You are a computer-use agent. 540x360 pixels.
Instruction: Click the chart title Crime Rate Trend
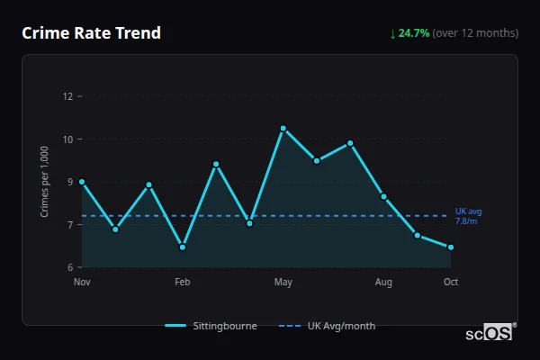click(x=91, y=33)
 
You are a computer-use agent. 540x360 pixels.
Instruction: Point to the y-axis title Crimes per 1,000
click(x=45, y=183)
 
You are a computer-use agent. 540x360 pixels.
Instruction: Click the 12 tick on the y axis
click(x=67, y=96)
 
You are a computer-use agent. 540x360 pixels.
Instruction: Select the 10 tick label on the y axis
click(x=67, y=139)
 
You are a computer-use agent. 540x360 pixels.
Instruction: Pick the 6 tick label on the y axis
click(x=69, y=267)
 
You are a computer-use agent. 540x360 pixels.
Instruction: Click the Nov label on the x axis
click(x=82, y=283)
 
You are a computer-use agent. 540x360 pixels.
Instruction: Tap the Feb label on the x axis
click(x=182, y=283)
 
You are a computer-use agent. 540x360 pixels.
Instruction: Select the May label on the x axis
click(x=283, y=283)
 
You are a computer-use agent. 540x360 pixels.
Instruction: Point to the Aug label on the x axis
click(x=383, y=283)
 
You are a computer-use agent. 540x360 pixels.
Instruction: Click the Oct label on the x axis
click(x=451, y=283)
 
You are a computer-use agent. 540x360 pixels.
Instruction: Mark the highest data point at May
click(x=283, y=129)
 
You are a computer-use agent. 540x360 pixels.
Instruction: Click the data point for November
click(x=82, y=182)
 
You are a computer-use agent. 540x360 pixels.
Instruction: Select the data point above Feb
click(x=182, y=247)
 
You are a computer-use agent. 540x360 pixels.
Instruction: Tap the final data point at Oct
click(x=450, y=247)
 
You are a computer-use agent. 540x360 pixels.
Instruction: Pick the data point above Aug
click(x=383, y=196)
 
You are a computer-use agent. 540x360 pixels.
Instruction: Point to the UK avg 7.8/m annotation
click(x=467, y=216)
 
